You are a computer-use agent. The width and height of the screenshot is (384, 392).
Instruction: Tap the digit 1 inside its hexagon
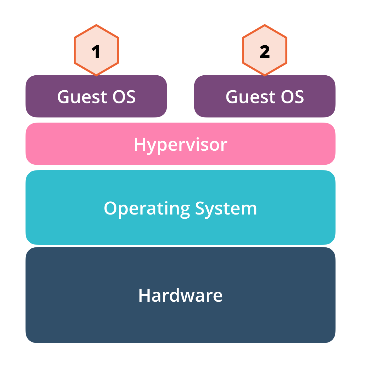[96, 52]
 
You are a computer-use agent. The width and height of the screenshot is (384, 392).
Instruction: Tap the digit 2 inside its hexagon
[265, 52]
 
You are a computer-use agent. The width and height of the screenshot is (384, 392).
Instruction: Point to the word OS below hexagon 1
[124, 97]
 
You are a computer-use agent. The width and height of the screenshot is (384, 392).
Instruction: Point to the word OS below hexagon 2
[292, 97]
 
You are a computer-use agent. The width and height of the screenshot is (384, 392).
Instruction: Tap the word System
[226, 209]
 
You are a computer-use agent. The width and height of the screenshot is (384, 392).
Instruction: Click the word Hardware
[181, 295]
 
